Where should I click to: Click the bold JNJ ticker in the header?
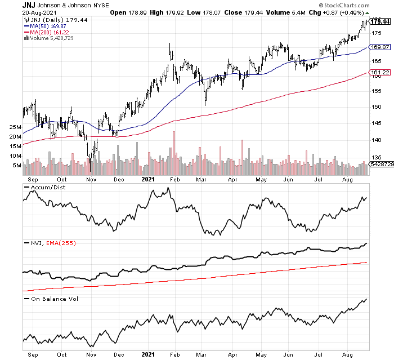tap(30, 5)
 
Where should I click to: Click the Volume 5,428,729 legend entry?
tap(53, 38)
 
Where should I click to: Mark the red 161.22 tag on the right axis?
tap(379, 73)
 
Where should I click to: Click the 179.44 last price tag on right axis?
tap(380, 21)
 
